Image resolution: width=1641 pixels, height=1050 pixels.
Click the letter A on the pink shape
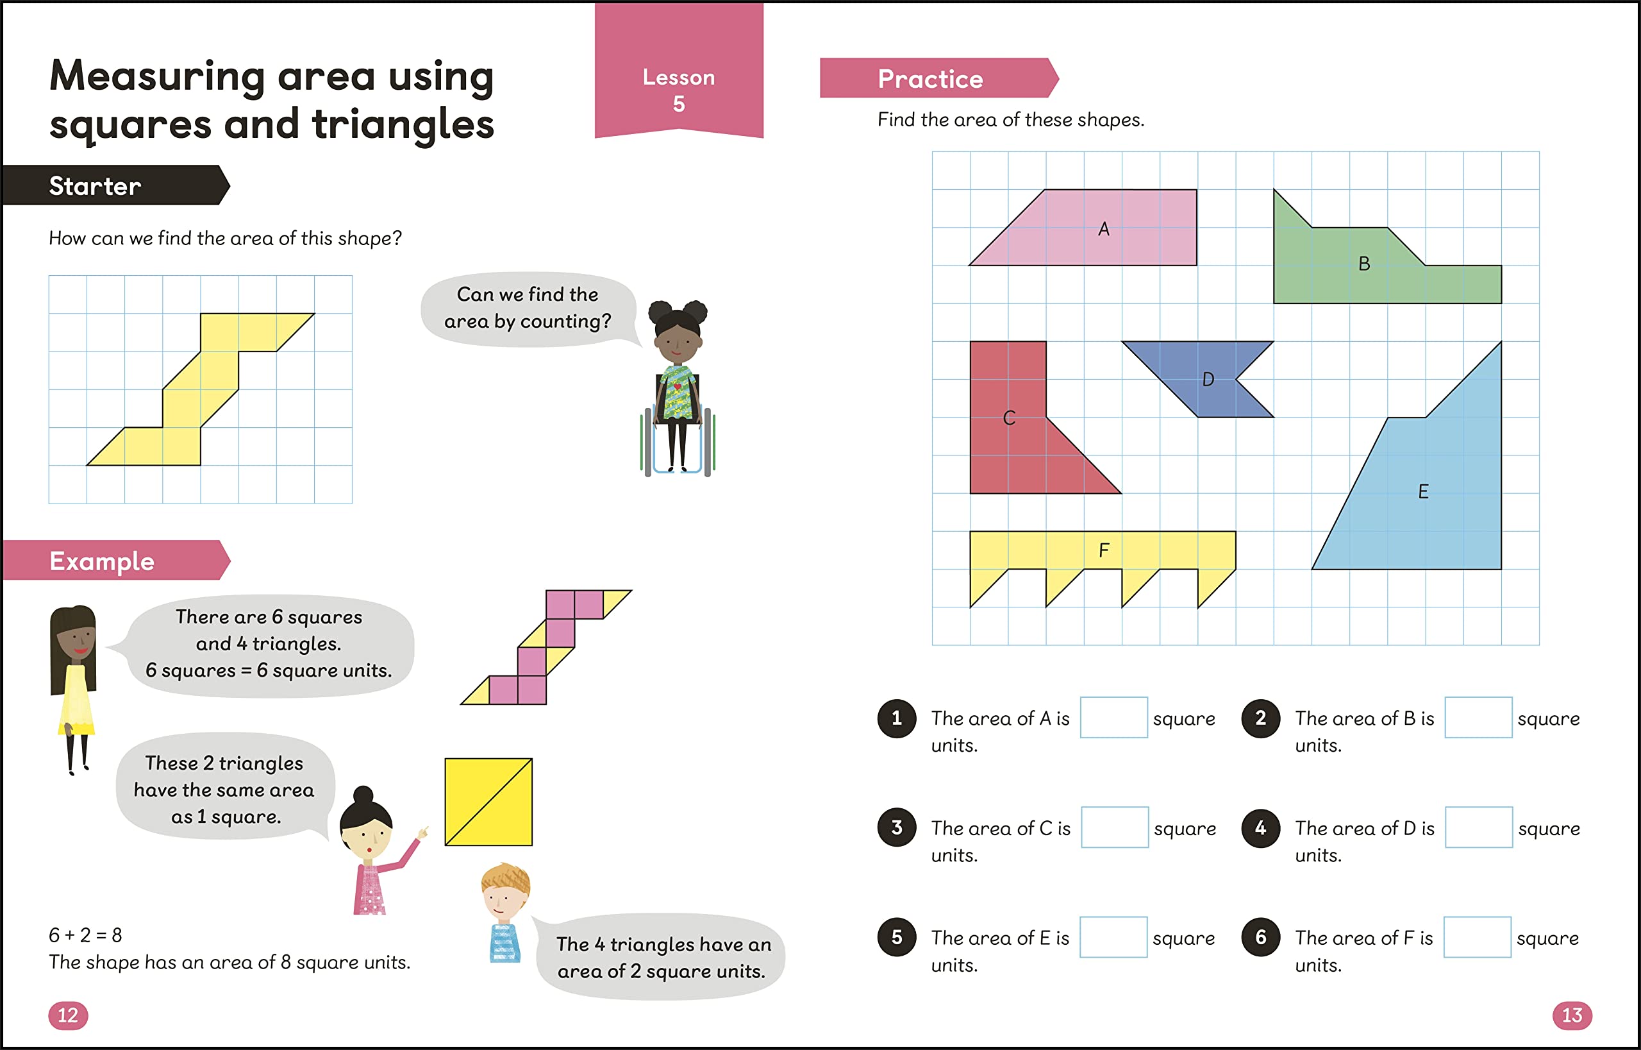click(1103, 229)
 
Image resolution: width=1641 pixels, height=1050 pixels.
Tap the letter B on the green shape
click(1363, 264)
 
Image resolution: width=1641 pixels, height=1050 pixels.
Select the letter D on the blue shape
click(1208, 380)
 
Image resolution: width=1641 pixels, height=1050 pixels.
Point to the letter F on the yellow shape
click(1103, 550)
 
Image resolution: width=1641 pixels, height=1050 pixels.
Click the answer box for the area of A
click(1113, 717)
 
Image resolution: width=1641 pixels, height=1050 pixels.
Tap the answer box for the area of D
click(1479, 827)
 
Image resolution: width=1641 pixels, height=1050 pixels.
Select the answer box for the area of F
click(1478, 937)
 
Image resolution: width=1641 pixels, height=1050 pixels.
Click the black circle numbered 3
click(897, 827)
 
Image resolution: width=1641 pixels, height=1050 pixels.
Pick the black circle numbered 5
click(897, 937)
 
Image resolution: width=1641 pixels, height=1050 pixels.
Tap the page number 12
click(68, 1015)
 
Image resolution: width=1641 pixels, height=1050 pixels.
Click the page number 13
click(1572, 1015)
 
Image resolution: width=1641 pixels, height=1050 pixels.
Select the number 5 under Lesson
click(679, 104)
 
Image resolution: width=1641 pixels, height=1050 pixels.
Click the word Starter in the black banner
click(95, 186)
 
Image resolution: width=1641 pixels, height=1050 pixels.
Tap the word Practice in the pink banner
click(930, 79)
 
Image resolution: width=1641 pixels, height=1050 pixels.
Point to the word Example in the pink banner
click(102, 561)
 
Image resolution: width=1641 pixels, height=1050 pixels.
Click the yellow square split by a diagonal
click(488, 802)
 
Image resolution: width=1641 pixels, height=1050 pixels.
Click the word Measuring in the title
click(158, 76)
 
